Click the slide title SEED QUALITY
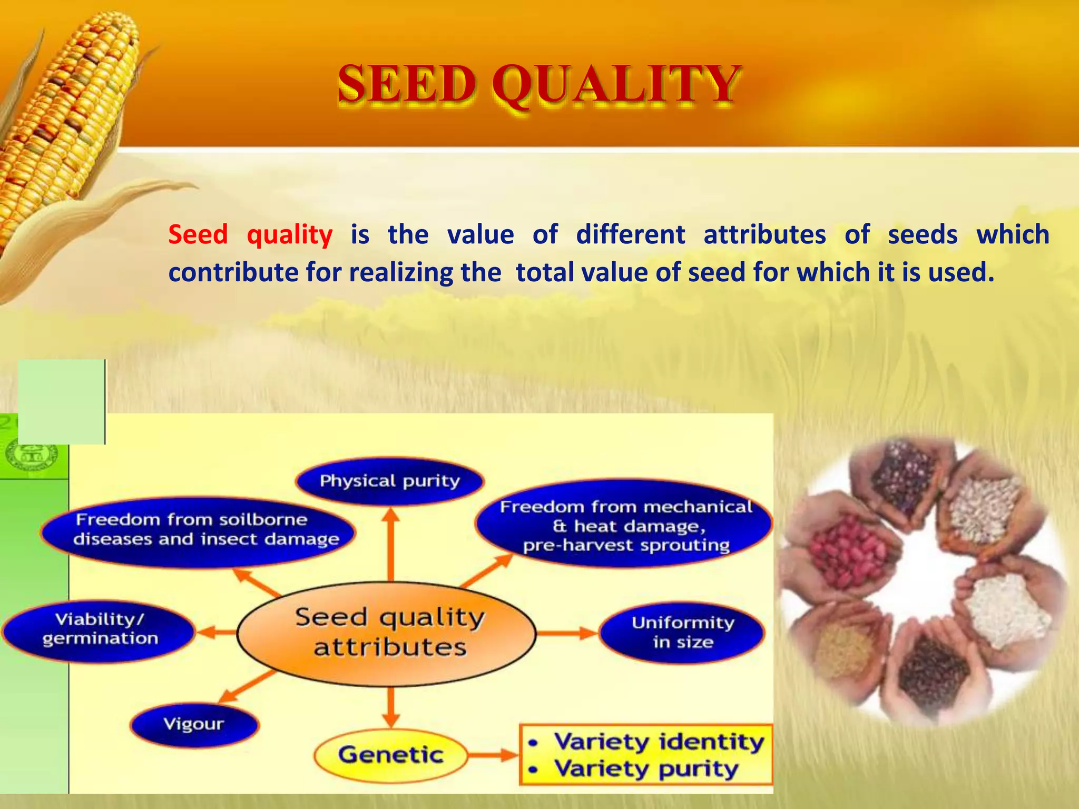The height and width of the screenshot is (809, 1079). point(538,84)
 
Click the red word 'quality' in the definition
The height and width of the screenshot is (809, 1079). point(290,235)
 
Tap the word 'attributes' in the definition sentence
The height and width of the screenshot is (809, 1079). point(764,235)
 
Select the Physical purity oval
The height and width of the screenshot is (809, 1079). point(390,481)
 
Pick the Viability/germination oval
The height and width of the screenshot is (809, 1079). point(99,629)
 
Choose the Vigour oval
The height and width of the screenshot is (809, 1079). point(194,724)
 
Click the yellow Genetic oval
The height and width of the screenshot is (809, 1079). point(390,755)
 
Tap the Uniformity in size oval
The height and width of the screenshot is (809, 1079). point(683,632)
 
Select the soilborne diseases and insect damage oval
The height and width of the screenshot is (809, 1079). point(199,530)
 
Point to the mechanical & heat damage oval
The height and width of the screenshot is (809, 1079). point(625,526)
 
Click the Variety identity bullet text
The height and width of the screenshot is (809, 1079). point(659,742)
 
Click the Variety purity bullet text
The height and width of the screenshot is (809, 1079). point(646,769)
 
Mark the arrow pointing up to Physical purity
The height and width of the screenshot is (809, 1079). point(390,542)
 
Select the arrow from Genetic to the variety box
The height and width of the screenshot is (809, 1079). point(493,755)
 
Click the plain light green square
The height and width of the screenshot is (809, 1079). point(61,401)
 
